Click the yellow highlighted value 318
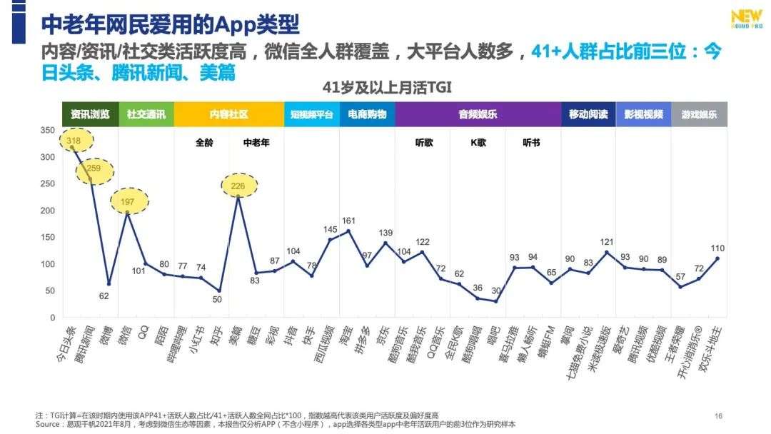point(73,141)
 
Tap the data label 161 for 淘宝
point(348,221)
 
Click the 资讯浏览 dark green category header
point(90,114)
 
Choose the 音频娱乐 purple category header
point(478,114)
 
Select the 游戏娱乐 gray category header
point(699,114)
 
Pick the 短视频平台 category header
point(311,114)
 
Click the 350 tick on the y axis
point(48,130)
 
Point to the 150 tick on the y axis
point(48,238)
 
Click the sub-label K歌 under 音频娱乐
point(478,142)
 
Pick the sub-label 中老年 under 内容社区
point(256,142)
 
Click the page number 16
point(719,416)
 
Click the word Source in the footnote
point(47,424)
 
